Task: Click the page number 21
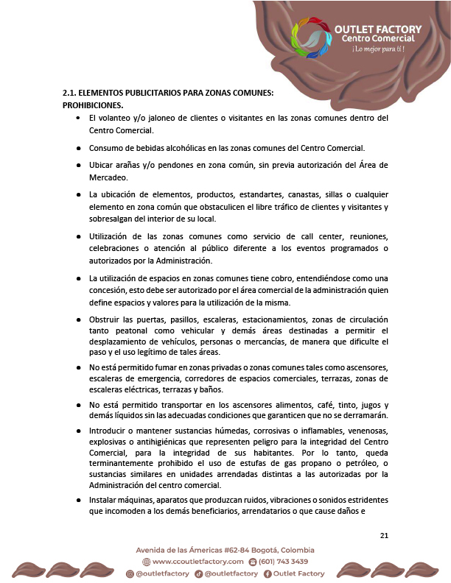383,534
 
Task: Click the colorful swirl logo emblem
311,38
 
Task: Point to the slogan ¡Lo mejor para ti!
378,49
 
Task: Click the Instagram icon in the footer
131,573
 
